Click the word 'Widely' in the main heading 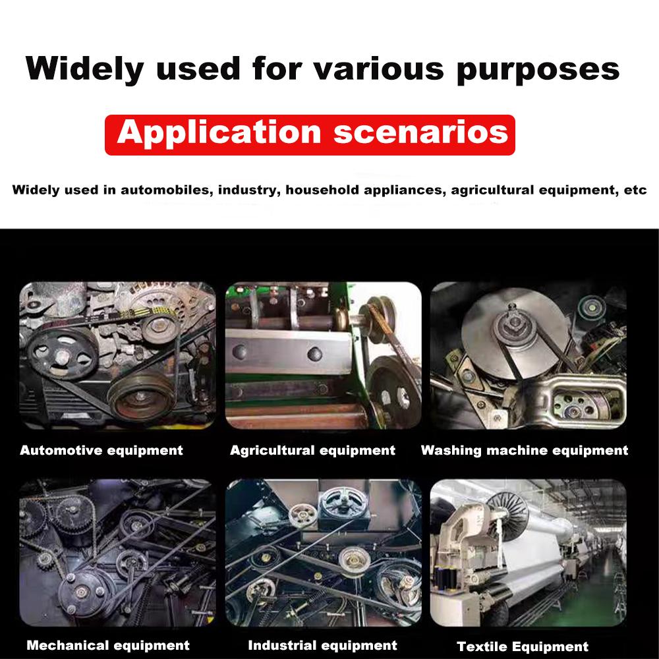click(84, 69)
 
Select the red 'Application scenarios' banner click(310, 135)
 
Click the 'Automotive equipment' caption click(101, 451)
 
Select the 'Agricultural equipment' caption click(312, 451)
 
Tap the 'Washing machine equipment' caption click(525, 451)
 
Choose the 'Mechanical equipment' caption click(108, 646)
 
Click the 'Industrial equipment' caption click(322, 646)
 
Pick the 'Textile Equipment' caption click(523, 646)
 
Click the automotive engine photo click(118, 356)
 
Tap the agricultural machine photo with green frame click(323, 356)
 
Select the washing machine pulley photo click(529, 356)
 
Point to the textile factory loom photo click(529, 553)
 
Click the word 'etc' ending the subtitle click(635, 190)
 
